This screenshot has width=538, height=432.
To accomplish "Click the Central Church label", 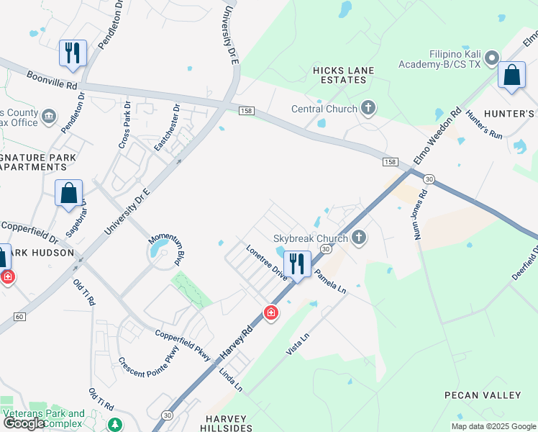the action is pos(324,109).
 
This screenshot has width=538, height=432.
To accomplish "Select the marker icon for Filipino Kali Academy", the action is pos(492,57).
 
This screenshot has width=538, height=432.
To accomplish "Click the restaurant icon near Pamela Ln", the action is pos(296,264).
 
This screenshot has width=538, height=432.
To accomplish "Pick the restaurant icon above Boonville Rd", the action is pos(73,53).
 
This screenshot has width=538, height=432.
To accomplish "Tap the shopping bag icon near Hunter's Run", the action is pos(511,76).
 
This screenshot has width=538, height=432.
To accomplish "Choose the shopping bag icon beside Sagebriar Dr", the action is pos(69,194).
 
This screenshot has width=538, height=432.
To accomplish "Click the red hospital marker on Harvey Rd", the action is pos(270,312).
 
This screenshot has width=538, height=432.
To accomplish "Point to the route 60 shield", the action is pos(19,317).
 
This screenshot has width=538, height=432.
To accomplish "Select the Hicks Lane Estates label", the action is pos(340,75).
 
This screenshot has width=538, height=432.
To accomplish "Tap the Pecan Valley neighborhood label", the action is pos(482,395).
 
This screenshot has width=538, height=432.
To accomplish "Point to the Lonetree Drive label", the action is pos(266,261).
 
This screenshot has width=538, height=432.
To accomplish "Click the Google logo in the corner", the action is pos(23,423).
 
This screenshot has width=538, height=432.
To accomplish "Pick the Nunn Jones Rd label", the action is pos(421,215).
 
